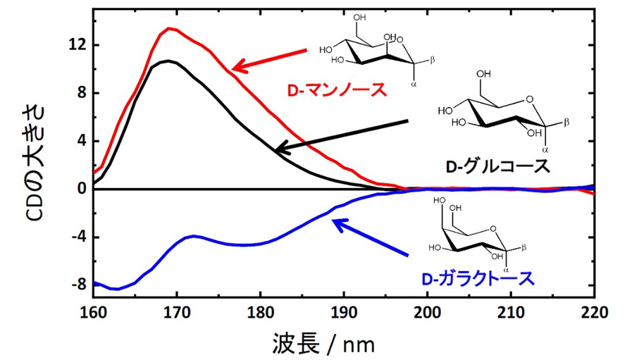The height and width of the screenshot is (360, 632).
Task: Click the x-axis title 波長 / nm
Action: click(324, 343)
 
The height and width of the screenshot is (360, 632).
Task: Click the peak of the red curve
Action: click(169, 29)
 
